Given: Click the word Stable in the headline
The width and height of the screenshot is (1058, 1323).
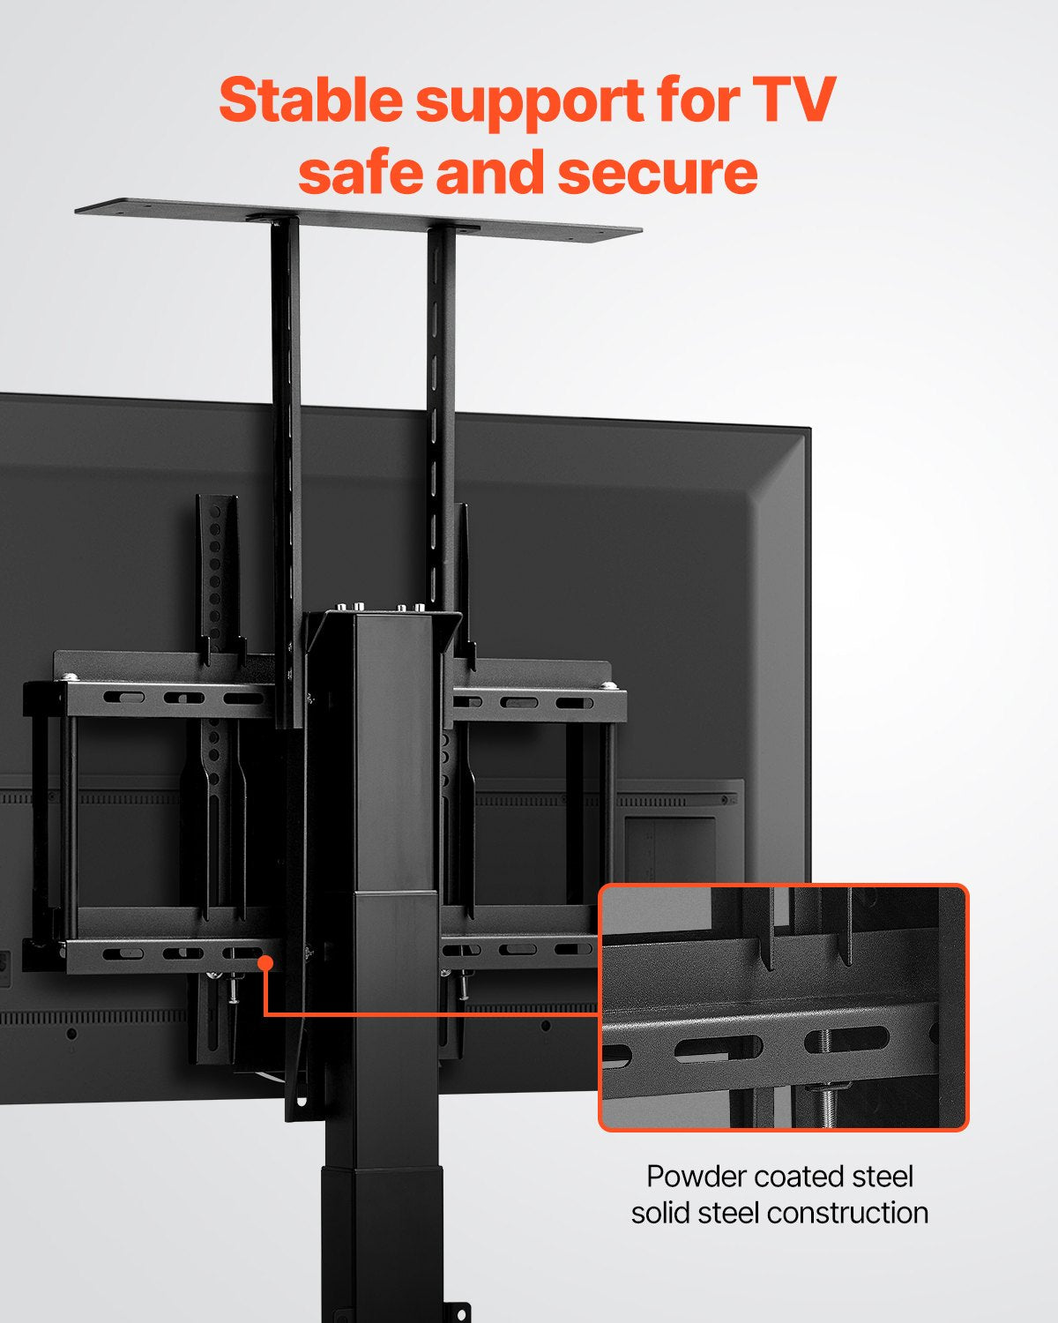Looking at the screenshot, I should coord(310,101).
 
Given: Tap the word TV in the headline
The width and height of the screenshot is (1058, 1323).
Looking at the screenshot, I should coord(793,101).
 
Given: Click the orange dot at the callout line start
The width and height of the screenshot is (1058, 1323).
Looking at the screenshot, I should coord(264,963).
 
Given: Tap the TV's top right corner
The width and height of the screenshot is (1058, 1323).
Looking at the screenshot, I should coord(807,431).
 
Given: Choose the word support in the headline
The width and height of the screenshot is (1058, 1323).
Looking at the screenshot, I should coord(530,102).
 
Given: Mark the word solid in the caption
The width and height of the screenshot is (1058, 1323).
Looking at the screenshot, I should coord(660,1213).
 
